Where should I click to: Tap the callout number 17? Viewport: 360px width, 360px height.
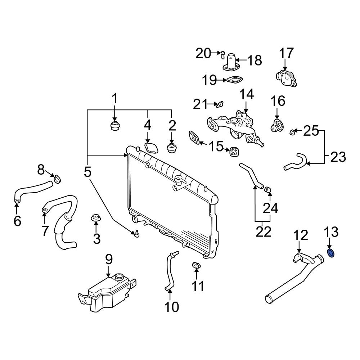click(287, 53)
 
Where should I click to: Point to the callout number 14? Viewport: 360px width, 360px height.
click(247, 94)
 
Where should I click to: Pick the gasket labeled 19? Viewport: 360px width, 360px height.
click(234, 80)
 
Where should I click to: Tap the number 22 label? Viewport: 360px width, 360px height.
click(263, 232)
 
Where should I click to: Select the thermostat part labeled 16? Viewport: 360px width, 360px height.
click(276, 126)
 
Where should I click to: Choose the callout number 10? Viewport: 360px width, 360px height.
click(171, 307)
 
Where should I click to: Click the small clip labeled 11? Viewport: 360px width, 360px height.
click(196, 266)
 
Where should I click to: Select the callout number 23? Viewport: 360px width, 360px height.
click(338, 157)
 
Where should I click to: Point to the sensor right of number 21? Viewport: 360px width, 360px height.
click(219, 104)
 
